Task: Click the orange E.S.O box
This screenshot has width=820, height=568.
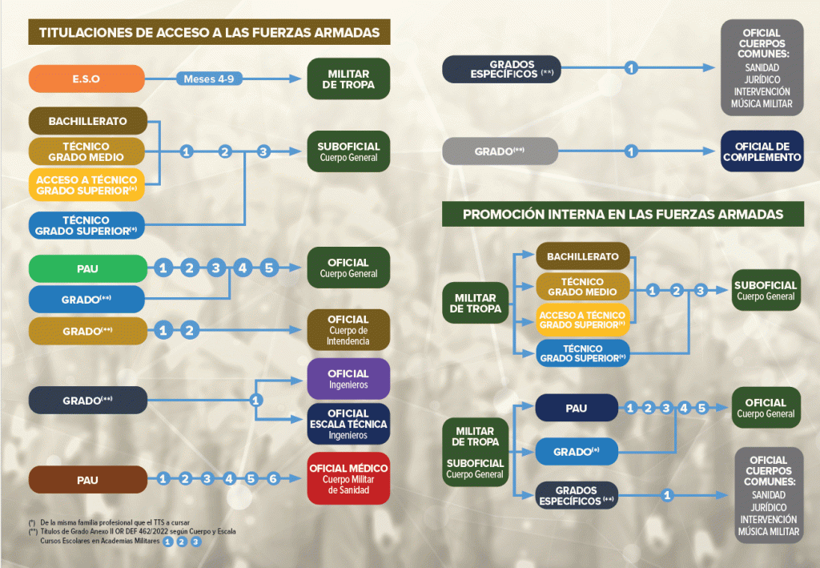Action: (86, 79)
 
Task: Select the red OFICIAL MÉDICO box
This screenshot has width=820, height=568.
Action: (348, 479)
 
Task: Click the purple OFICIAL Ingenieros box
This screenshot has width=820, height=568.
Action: (348, 379)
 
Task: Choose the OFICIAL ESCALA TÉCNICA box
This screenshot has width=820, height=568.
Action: (348, 424)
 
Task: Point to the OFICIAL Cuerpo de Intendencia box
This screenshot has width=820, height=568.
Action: (348, 329)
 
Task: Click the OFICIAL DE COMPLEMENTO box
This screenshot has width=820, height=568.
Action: (762, 151)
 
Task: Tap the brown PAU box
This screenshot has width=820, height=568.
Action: (87, 480)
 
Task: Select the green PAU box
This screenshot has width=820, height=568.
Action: (87, 268)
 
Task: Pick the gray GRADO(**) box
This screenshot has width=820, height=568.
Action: (500, 151)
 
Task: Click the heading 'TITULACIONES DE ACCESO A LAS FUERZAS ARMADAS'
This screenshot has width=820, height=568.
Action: (209, 33)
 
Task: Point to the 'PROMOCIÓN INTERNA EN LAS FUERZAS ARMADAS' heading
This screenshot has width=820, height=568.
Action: (622, 215)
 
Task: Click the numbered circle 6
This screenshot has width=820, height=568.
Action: (272, 479)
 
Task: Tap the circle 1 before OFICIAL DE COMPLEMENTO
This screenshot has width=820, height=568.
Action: (631, 151)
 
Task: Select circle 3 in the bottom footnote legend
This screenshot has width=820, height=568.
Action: (195, 542)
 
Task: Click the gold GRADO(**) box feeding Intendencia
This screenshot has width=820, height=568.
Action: (87, 329)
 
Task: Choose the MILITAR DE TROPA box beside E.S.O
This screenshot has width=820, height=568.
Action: (348, 79)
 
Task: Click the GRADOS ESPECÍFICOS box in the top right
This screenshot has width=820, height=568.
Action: (501, 68)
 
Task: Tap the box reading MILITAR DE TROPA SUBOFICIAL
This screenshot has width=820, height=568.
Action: (475, 452)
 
